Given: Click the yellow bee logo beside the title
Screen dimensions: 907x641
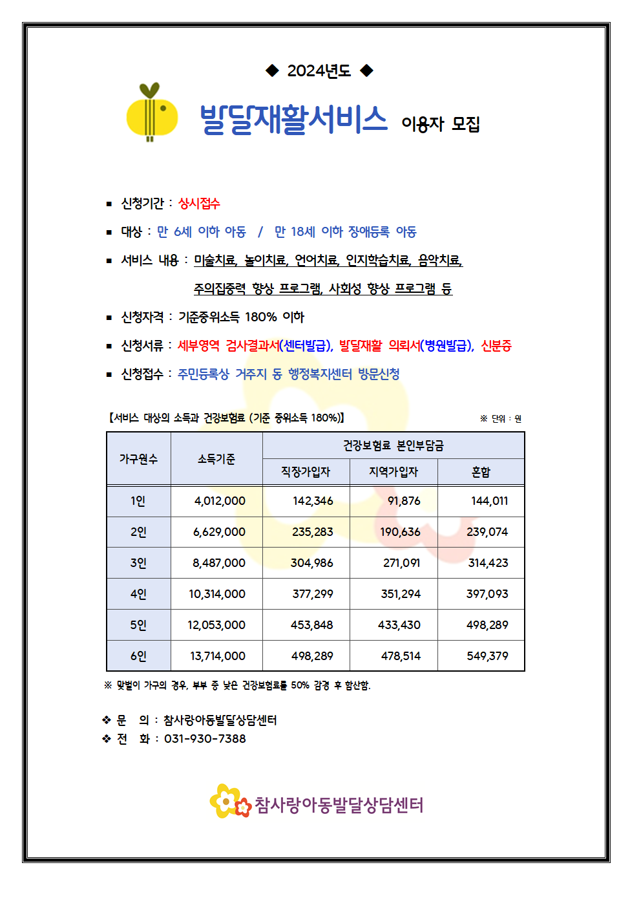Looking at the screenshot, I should pos(152,113).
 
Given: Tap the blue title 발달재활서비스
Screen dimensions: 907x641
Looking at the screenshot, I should pos(293,120).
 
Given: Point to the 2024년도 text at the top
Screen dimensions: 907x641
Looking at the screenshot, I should pos(319,70).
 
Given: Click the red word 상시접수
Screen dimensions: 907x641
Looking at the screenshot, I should pos(199,204).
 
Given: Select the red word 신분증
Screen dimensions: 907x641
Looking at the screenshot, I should pos(496,346).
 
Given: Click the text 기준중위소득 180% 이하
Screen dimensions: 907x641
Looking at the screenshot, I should pos(241,317).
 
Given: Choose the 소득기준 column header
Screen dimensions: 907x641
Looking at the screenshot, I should pos(216,459).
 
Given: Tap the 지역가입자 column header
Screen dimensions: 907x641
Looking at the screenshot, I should pos(394,472).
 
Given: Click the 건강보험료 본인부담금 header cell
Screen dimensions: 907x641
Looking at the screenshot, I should pos(393,445).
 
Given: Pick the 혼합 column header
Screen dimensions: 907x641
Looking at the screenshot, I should pos(481,472).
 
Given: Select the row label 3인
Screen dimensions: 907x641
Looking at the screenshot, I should pos(138,563).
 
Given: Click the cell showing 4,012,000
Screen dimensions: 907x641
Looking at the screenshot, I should pos(220,501).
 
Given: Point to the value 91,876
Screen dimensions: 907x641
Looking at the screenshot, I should pos(404,501).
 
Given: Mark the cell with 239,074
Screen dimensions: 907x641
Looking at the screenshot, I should pos(487,532).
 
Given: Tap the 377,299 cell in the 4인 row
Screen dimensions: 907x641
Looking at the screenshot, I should pos(313,594).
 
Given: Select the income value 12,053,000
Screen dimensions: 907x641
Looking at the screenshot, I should pos(216,625).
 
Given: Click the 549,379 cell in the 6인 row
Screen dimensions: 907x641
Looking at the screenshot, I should pos(487,656).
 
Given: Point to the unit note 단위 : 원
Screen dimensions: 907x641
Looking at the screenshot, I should pos(505,419).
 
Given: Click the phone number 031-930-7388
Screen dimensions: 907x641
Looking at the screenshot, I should pos(205,739).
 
